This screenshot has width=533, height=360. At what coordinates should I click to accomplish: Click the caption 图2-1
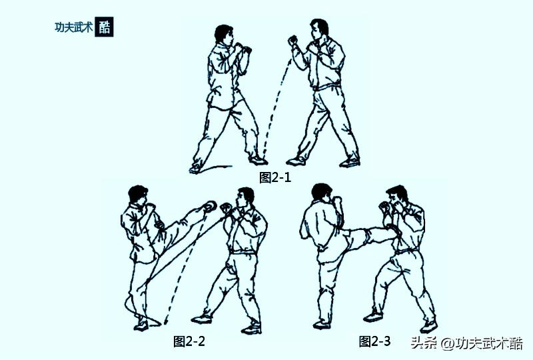[275, 177]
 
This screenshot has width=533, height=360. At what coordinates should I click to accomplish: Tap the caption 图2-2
[189, 341]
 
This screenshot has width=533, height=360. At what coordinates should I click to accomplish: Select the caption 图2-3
[375, 341]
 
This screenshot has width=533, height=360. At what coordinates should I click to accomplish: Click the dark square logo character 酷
[105, 27]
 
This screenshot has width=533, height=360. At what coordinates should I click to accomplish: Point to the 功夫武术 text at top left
[73, 27]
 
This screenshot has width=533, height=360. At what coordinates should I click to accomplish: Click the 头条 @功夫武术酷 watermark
[466, 343]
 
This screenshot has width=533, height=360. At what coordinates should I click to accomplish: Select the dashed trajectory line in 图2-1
[276, 107]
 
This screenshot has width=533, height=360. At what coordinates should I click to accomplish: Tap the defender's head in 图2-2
[245, 197]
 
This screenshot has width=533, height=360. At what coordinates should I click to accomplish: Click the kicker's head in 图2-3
[322, 193]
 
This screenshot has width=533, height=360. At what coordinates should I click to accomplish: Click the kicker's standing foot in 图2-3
[323, 324]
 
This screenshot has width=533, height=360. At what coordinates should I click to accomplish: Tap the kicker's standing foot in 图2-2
[141, 325]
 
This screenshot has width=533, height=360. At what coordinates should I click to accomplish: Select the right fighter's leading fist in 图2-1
[292, 41]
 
